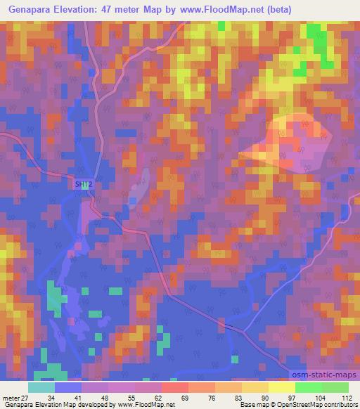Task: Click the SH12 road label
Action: (83, 185)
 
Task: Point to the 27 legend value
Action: (27, 398)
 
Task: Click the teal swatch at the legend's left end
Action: (41, 387)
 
